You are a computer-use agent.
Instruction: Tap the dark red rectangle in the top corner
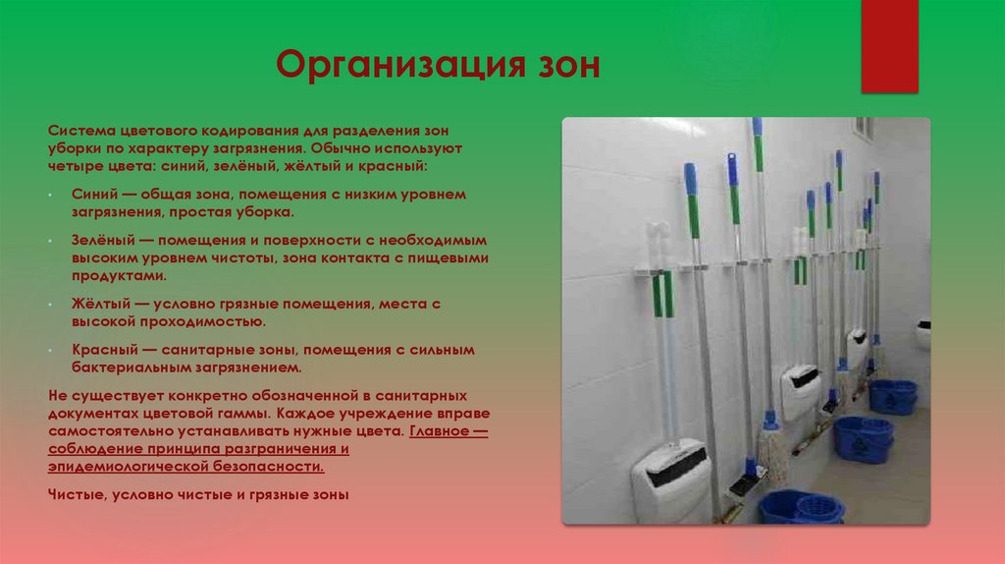[888, 46]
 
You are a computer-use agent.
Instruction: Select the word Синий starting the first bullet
[93, 196]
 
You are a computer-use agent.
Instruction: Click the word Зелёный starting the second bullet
[103, 240]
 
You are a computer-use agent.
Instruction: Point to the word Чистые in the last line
[75, 494]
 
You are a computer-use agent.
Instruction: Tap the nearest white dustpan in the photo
[670, 479]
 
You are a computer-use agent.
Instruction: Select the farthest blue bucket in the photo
[893, 396]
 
